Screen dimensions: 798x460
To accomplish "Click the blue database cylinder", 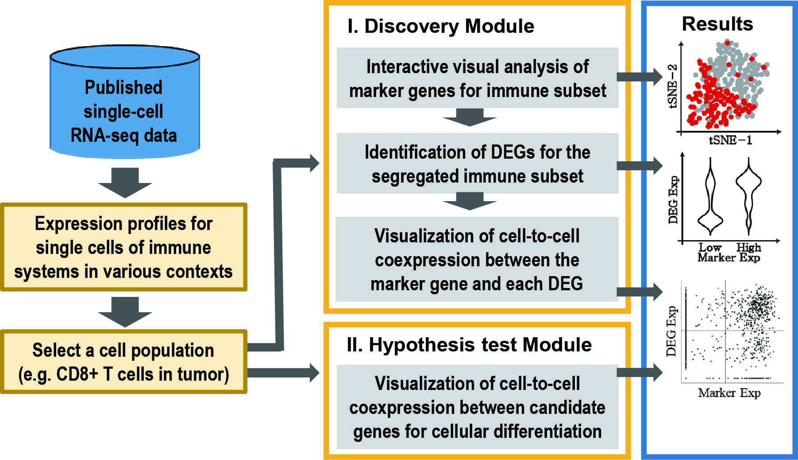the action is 124,101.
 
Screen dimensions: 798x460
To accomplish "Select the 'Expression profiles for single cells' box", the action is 123,247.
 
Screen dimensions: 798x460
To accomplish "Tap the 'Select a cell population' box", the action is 123,362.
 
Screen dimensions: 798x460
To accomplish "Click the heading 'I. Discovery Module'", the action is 441,26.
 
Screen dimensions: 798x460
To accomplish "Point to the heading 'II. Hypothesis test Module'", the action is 469,345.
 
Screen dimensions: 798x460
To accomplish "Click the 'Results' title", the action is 717,23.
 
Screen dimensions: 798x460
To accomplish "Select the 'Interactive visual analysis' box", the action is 477,78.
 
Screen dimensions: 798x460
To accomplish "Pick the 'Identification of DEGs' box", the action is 477,164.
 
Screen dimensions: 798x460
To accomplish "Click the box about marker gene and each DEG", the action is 477,259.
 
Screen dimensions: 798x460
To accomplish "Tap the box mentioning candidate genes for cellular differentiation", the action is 477,407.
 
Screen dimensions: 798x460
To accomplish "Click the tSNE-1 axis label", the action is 730,140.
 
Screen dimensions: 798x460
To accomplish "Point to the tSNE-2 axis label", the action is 672,86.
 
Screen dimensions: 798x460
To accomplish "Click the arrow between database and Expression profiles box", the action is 125,183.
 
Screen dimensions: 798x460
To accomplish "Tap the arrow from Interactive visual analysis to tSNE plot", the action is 640,77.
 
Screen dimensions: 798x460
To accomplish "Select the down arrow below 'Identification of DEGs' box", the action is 470,201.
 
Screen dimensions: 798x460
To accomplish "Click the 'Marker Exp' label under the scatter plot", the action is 729,393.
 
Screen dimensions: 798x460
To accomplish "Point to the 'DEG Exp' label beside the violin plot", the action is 673,200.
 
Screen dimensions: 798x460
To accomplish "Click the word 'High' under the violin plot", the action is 748,247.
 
